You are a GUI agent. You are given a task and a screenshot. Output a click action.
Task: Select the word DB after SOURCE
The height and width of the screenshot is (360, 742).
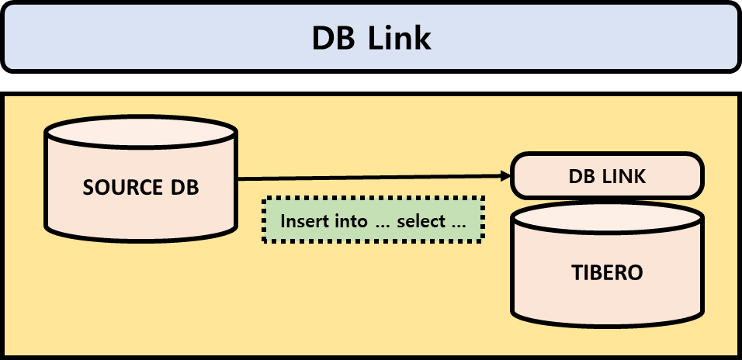(183, 188)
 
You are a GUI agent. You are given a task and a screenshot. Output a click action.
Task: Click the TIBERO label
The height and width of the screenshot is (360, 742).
(608, 273)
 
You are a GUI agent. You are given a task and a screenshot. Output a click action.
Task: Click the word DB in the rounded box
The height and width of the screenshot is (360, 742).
(582, 177)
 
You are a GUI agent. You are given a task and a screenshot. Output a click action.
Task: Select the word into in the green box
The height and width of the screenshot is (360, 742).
(351, 221)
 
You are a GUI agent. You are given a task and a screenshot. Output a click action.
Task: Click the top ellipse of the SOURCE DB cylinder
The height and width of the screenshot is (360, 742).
(140, 133)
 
